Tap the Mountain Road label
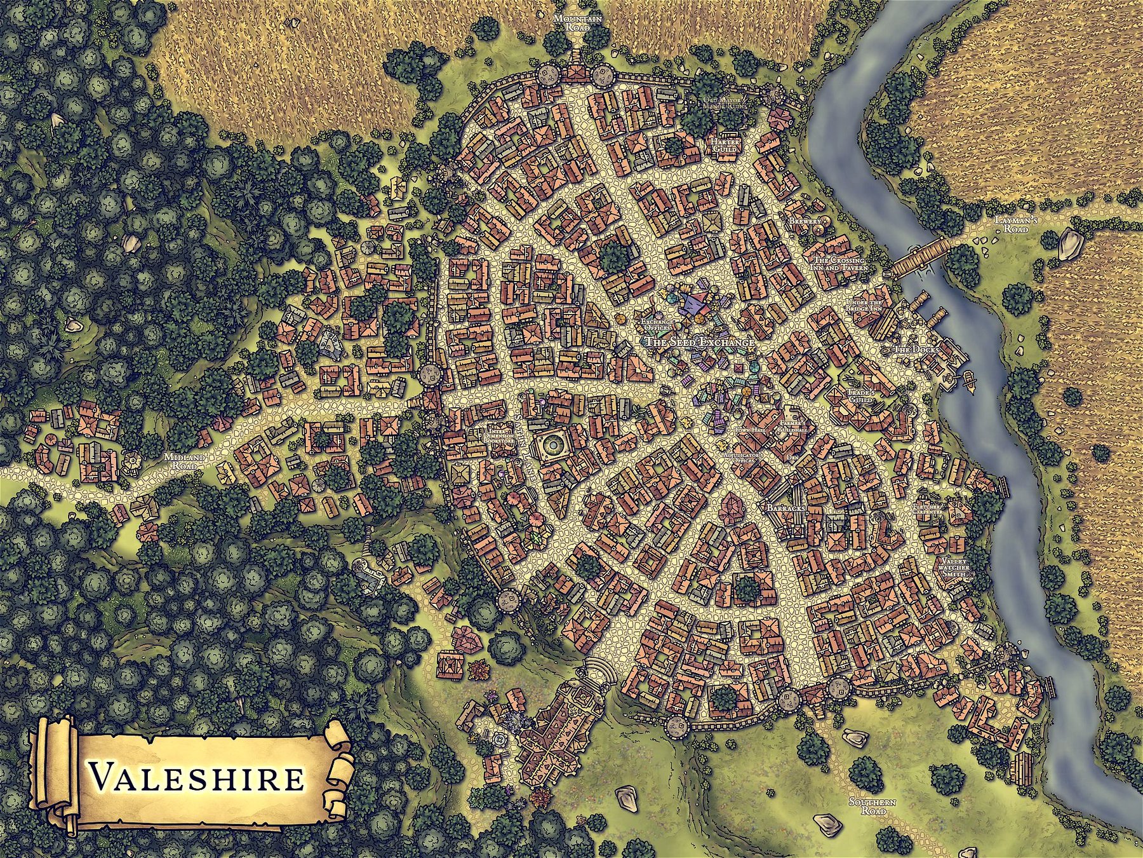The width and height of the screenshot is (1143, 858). (577, 24)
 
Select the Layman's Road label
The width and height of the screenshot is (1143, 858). (1016, 224)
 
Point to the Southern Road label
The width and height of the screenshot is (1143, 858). (872, 807)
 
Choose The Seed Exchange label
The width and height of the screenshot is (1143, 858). (700, 342)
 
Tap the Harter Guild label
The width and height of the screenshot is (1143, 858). (723, 145)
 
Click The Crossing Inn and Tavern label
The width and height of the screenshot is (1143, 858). (839, 264)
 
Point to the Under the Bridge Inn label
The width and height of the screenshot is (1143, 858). (864, 305)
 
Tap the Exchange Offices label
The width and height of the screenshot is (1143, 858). (657, 325)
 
